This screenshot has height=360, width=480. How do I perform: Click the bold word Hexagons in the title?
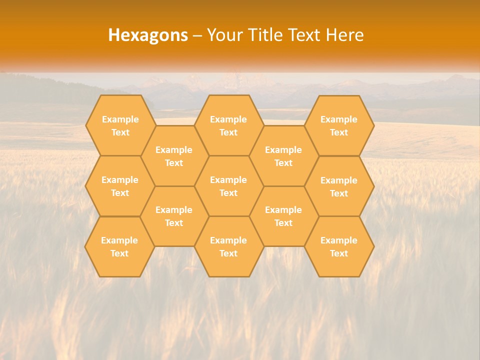pyautogui.click(x=148, y=35)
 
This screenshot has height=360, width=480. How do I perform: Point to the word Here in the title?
pyautogui.click(x=345, y=35)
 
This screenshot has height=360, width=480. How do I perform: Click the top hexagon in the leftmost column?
pyautogui.click(x=120, y=125)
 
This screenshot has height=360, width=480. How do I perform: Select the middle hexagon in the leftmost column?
pyautogui.click(x=120, y=186)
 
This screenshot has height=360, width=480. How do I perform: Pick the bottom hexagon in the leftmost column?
pyautogui.click(x=119, y=246)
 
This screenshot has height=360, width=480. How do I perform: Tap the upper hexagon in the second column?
pyautogui.click(x=174, y=156)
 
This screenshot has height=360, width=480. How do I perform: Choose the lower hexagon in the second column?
pyautogui.click(x=174, y=216)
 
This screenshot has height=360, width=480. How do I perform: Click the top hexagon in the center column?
pyautogui.click(x=228, y=125)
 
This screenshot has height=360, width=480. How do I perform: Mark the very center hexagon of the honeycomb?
pyautogui.click(x=228, y=186)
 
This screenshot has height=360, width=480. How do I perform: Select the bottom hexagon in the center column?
pyautogui.click(x=228, y=246)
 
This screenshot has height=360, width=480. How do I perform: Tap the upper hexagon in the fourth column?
pyautogui.click(x=283, y=156)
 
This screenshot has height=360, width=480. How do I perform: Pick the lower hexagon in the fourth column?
pyautogui.click(x=283, y=216)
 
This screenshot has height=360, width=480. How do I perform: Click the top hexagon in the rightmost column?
pyautogui.click(x=339, y=125)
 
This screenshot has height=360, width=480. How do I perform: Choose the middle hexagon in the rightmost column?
pyautogui.click(x=339, y=186)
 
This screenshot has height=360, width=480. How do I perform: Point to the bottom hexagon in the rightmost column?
pyautogui.click(x=339, y=246)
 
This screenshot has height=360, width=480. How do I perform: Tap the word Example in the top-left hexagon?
pyautogui.click(x=120, y=119)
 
